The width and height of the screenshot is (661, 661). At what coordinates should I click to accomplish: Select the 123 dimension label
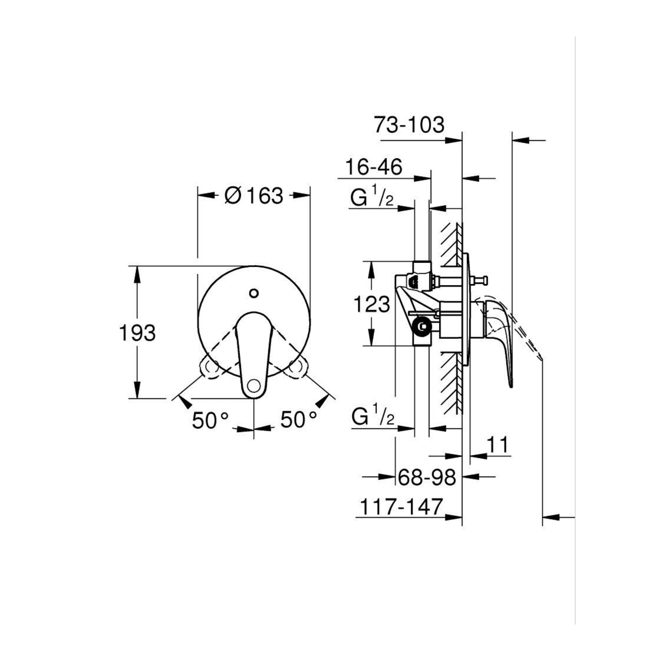coord(372,304)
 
